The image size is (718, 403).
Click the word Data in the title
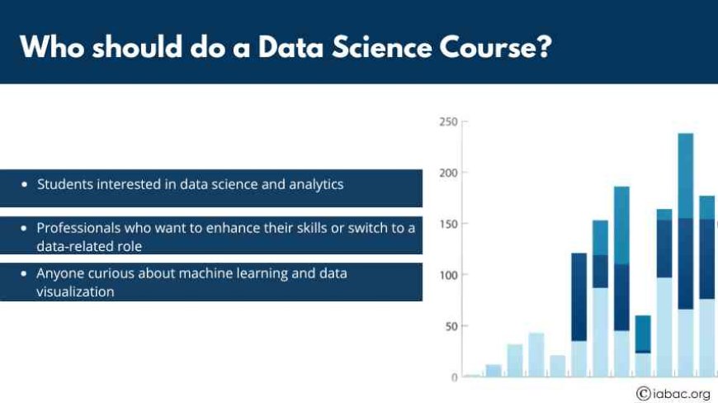tap(291, 47)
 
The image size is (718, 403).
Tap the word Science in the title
tap(382, 47)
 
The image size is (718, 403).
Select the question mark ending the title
tap(545, 47)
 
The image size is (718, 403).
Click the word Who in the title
tap(52, 47)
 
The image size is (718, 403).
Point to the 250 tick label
tap(448, 122)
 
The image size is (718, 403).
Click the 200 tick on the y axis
tap(448, 173)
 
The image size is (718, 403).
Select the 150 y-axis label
tap(448, 225)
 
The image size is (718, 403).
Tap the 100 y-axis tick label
tap(448, 275)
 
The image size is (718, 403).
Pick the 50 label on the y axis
tap(451, 326)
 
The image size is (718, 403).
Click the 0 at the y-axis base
tap(454, 377)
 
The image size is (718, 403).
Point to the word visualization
tap(76, 292)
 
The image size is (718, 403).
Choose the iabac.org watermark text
tap(682, 394)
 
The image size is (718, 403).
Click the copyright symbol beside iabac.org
tap(644, 393)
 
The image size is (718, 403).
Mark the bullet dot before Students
tap(24, 184)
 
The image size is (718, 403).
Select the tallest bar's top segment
tap(686, 176)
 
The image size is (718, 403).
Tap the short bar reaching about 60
tap(643, 334)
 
